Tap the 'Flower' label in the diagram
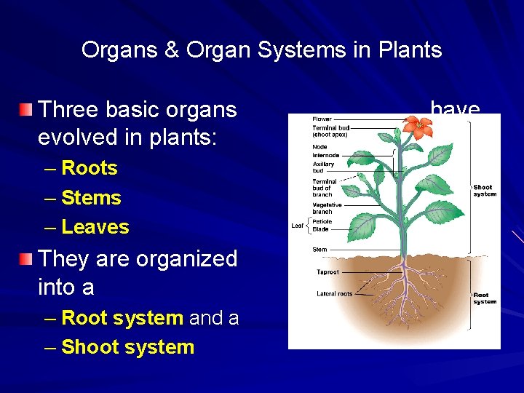322,119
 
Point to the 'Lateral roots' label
335,294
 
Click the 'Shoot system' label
485,191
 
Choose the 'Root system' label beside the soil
485,298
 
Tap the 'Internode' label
325,155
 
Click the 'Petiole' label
322,222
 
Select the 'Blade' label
320,229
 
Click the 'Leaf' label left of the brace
298,226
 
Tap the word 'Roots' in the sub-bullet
90,168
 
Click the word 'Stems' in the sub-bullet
91,198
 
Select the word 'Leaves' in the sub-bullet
95,227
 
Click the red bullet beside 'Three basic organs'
26,110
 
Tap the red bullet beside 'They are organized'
26,259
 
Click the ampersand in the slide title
171,49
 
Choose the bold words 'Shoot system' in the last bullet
128,347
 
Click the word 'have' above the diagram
455,110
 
